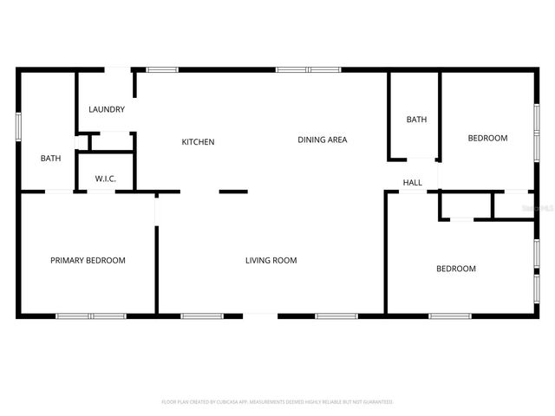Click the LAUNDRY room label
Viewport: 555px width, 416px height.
coord(107,110)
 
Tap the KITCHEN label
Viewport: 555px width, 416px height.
coord(198,142)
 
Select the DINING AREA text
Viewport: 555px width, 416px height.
coord(323,140)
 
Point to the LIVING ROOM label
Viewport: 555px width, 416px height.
coord(271,260)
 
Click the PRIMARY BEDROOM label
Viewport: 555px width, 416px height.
coord(88,260)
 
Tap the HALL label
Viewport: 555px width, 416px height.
coord(412,183)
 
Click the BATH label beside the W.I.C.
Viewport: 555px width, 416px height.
coord(51,159)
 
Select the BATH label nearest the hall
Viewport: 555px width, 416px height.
coord(417,120)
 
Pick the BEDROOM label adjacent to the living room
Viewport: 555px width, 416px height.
coord(455,269)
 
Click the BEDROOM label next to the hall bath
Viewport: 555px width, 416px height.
coord(487,139)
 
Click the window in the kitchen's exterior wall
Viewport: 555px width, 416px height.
coord(161,69)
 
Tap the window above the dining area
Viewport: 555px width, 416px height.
coord(308,69)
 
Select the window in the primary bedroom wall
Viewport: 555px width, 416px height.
coord(91,315)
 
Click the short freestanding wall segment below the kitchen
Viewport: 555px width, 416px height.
coord(233,192)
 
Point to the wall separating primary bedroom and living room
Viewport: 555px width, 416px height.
coord(157,269)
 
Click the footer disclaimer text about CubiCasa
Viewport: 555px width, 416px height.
coord(277,402)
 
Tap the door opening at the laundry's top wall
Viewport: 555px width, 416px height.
coord(118,69)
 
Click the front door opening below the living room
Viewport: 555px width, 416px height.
coord(261,315)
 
